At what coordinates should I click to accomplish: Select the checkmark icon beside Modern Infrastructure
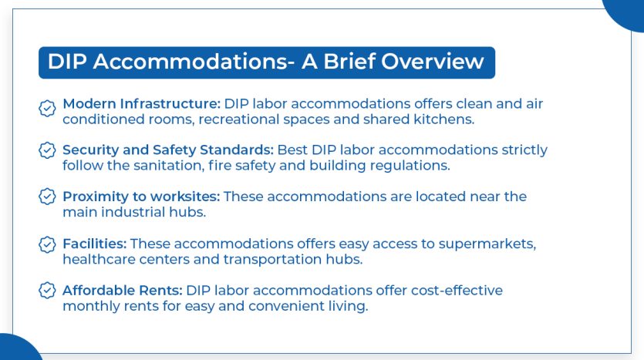click(x=47, y=109)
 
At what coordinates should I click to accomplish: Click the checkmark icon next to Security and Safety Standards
click(x=47, y=150)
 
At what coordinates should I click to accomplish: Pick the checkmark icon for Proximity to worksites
click(x=47, y=197)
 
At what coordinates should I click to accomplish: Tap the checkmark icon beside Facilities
click(x=47, y=245)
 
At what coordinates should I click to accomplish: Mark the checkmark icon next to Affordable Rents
click(x=47, y=291)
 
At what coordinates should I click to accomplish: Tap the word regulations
click(x=417, y=165)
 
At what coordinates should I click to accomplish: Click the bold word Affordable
click(x=98, y=291)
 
